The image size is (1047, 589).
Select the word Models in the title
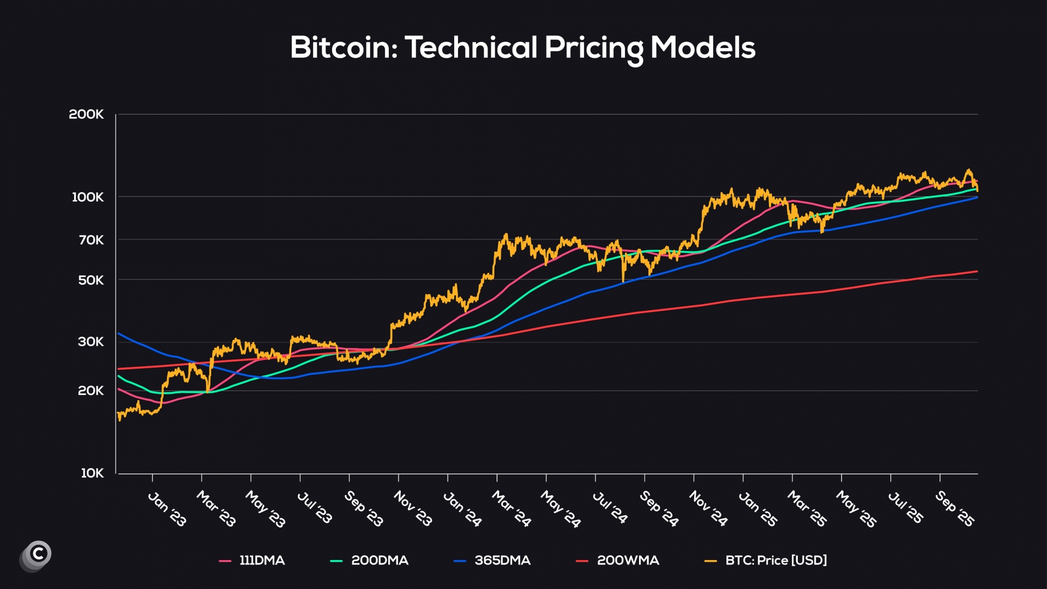(702, 47)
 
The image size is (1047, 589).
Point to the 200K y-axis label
(86, 115)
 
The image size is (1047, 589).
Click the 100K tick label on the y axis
(88, 197)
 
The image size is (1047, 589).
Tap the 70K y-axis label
(91, 240)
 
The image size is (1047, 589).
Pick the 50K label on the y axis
(91, 280)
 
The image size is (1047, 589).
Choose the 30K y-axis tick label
(91, 342)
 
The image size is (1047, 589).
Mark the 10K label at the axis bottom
(92, 473)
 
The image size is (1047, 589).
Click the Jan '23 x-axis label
(167, 509)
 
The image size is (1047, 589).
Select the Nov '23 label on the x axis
(413, 508)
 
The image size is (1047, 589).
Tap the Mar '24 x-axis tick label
(511, 509)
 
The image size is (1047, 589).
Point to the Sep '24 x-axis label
(659, 509)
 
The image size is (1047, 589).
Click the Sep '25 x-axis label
(954, 509)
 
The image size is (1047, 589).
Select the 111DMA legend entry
(262, 561)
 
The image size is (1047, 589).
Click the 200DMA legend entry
(380, 561)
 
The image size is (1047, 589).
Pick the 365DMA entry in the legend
(502, 561)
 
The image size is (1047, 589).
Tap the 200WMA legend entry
(628, 561)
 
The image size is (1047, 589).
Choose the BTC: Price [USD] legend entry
(775, 561)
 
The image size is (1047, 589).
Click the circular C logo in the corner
(38, 555)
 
